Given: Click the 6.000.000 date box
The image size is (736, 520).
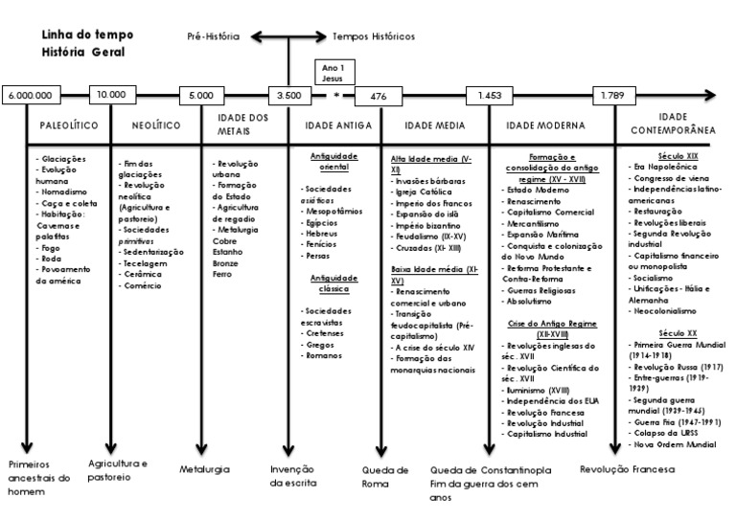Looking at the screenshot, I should click(x=33, y=95).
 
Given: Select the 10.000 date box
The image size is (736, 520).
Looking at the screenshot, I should click(x=110, y=94).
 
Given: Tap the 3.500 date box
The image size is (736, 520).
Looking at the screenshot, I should click(x=288, y=95).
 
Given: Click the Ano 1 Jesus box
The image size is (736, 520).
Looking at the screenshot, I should click(x=333, y=73).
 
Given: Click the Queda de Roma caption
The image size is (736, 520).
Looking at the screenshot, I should click(x=385, y=476).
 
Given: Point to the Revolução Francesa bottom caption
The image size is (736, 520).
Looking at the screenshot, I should click(x=628, y=469).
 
